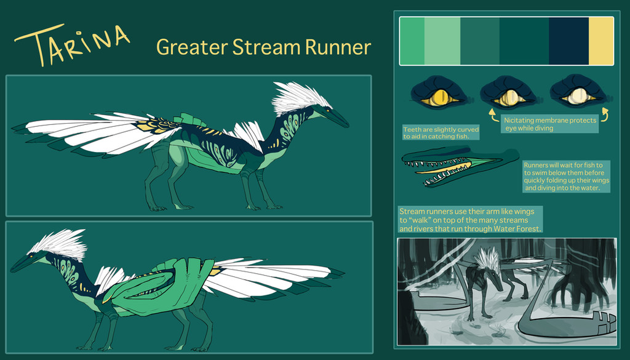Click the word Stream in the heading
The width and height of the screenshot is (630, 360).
[267, 47]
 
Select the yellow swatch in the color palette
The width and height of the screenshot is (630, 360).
[600, 41]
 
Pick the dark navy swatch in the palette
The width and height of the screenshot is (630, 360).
[568, 41]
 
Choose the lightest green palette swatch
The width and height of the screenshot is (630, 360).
[442, 41]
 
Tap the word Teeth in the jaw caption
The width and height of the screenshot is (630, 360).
[412, 129]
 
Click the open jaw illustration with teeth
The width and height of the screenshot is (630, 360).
[458, 166]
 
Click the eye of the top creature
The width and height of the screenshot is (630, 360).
[328, 108]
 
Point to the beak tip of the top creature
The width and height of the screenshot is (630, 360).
[348, 127]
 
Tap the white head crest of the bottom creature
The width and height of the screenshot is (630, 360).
[58, 244]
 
